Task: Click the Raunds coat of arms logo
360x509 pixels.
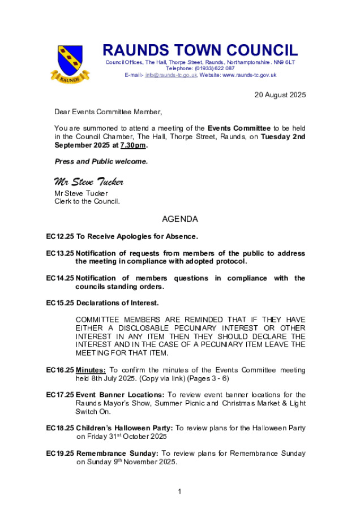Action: [69, 63]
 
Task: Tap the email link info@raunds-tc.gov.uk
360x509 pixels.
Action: [171, 75]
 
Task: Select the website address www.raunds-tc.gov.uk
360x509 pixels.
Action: [249, 75]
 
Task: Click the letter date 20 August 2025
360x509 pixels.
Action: [280, 95]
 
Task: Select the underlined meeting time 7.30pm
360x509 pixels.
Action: [133, 145]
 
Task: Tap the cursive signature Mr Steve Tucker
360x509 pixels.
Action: [88, 182]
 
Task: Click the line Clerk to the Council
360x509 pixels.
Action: [87, 201]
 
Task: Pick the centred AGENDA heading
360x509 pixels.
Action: [180, 219]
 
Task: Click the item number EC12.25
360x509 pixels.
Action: [60, 236]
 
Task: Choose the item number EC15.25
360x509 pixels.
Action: [60, 303]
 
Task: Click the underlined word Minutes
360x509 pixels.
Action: [90, 370]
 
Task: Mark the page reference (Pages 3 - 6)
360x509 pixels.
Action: [209, 378]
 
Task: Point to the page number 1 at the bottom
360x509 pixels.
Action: [179, 491]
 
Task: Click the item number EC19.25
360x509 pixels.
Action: [60, 454]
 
